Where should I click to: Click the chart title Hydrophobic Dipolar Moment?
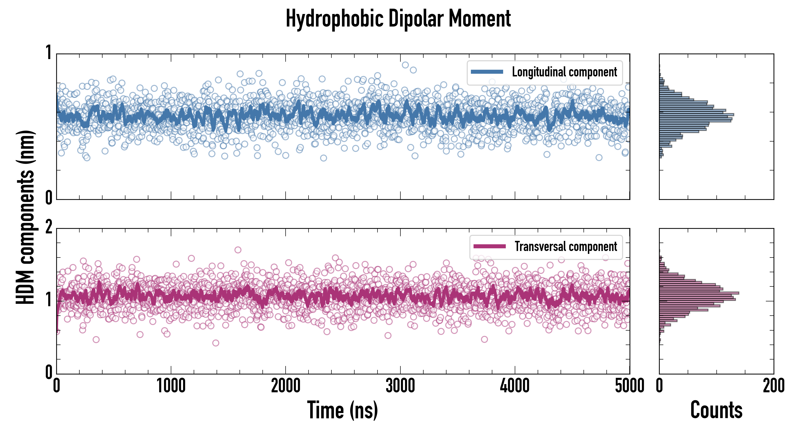coord(398,19)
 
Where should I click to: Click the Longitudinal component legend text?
coord(564,72)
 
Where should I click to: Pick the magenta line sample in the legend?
coord(489,246)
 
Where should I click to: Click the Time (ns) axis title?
coord(342,410)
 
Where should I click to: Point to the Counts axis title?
coord(716,410)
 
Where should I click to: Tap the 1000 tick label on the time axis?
coord(171,386)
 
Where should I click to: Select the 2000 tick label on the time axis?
coord(286,386)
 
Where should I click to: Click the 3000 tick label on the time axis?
coord(400,386)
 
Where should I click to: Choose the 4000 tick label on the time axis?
coord(515,386)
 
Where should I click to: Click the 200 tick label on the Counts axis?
coord(773,386)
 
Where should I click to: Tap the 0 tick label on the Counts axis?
coord(659,386)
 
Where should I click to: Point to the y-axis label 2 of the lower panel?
coord(48,228)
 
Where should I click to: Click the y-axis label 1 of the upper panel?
coord(48,53)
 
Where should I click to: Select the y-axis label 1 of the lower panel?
coord(48,300)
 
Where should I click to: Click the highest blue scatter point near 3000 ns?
coord(405,65)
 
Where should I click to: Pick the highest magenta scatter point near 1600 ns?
coord(238,250)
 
